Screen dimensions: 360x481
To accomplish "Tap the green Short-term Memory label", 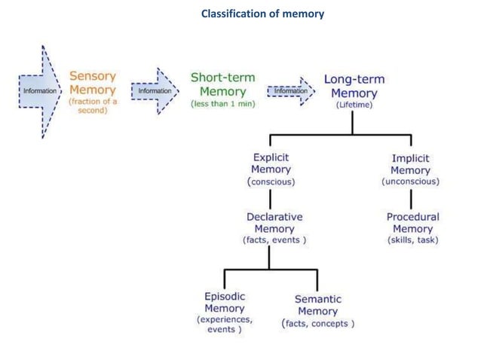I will tap(222, 84).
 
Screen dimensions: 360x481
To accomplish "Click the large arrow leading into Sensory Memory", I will tap(38, 92).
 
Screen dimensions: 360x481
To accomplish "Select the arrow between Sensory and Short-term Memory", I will tap(155, 92).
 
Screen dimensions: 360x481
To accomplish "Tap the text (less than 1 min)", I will tap(222, 105).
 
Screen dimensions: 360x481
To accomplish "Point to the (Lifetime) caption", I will tap(354, 105).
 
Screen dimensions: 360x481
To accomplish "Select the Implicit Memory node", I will tap(411, 163).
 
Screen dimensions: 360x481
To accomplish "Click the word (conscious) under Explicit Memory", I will tap(271, 182).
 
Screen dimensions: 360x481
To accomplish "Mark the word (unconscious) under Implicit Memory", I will tap(411, 182).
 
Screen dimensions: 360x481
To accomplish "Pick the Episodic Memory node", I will tap(225, 302).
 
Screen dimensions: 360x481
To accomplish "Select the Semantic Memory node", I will tap(317, 305).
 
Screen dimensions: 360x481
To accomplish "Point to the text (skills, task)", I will tap(412, 240).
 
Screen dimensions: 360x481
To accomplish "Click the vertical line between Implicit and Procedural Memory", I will tap(411, 199).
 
